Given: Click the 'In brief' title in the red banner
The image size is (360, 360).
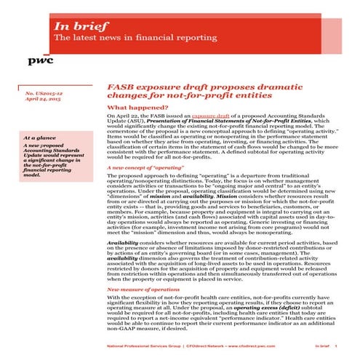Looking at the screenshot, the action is (x=77, y=27).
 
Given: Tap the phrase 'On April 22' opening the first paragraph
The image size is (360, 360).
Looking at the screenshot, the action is (x=120, y=116).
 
